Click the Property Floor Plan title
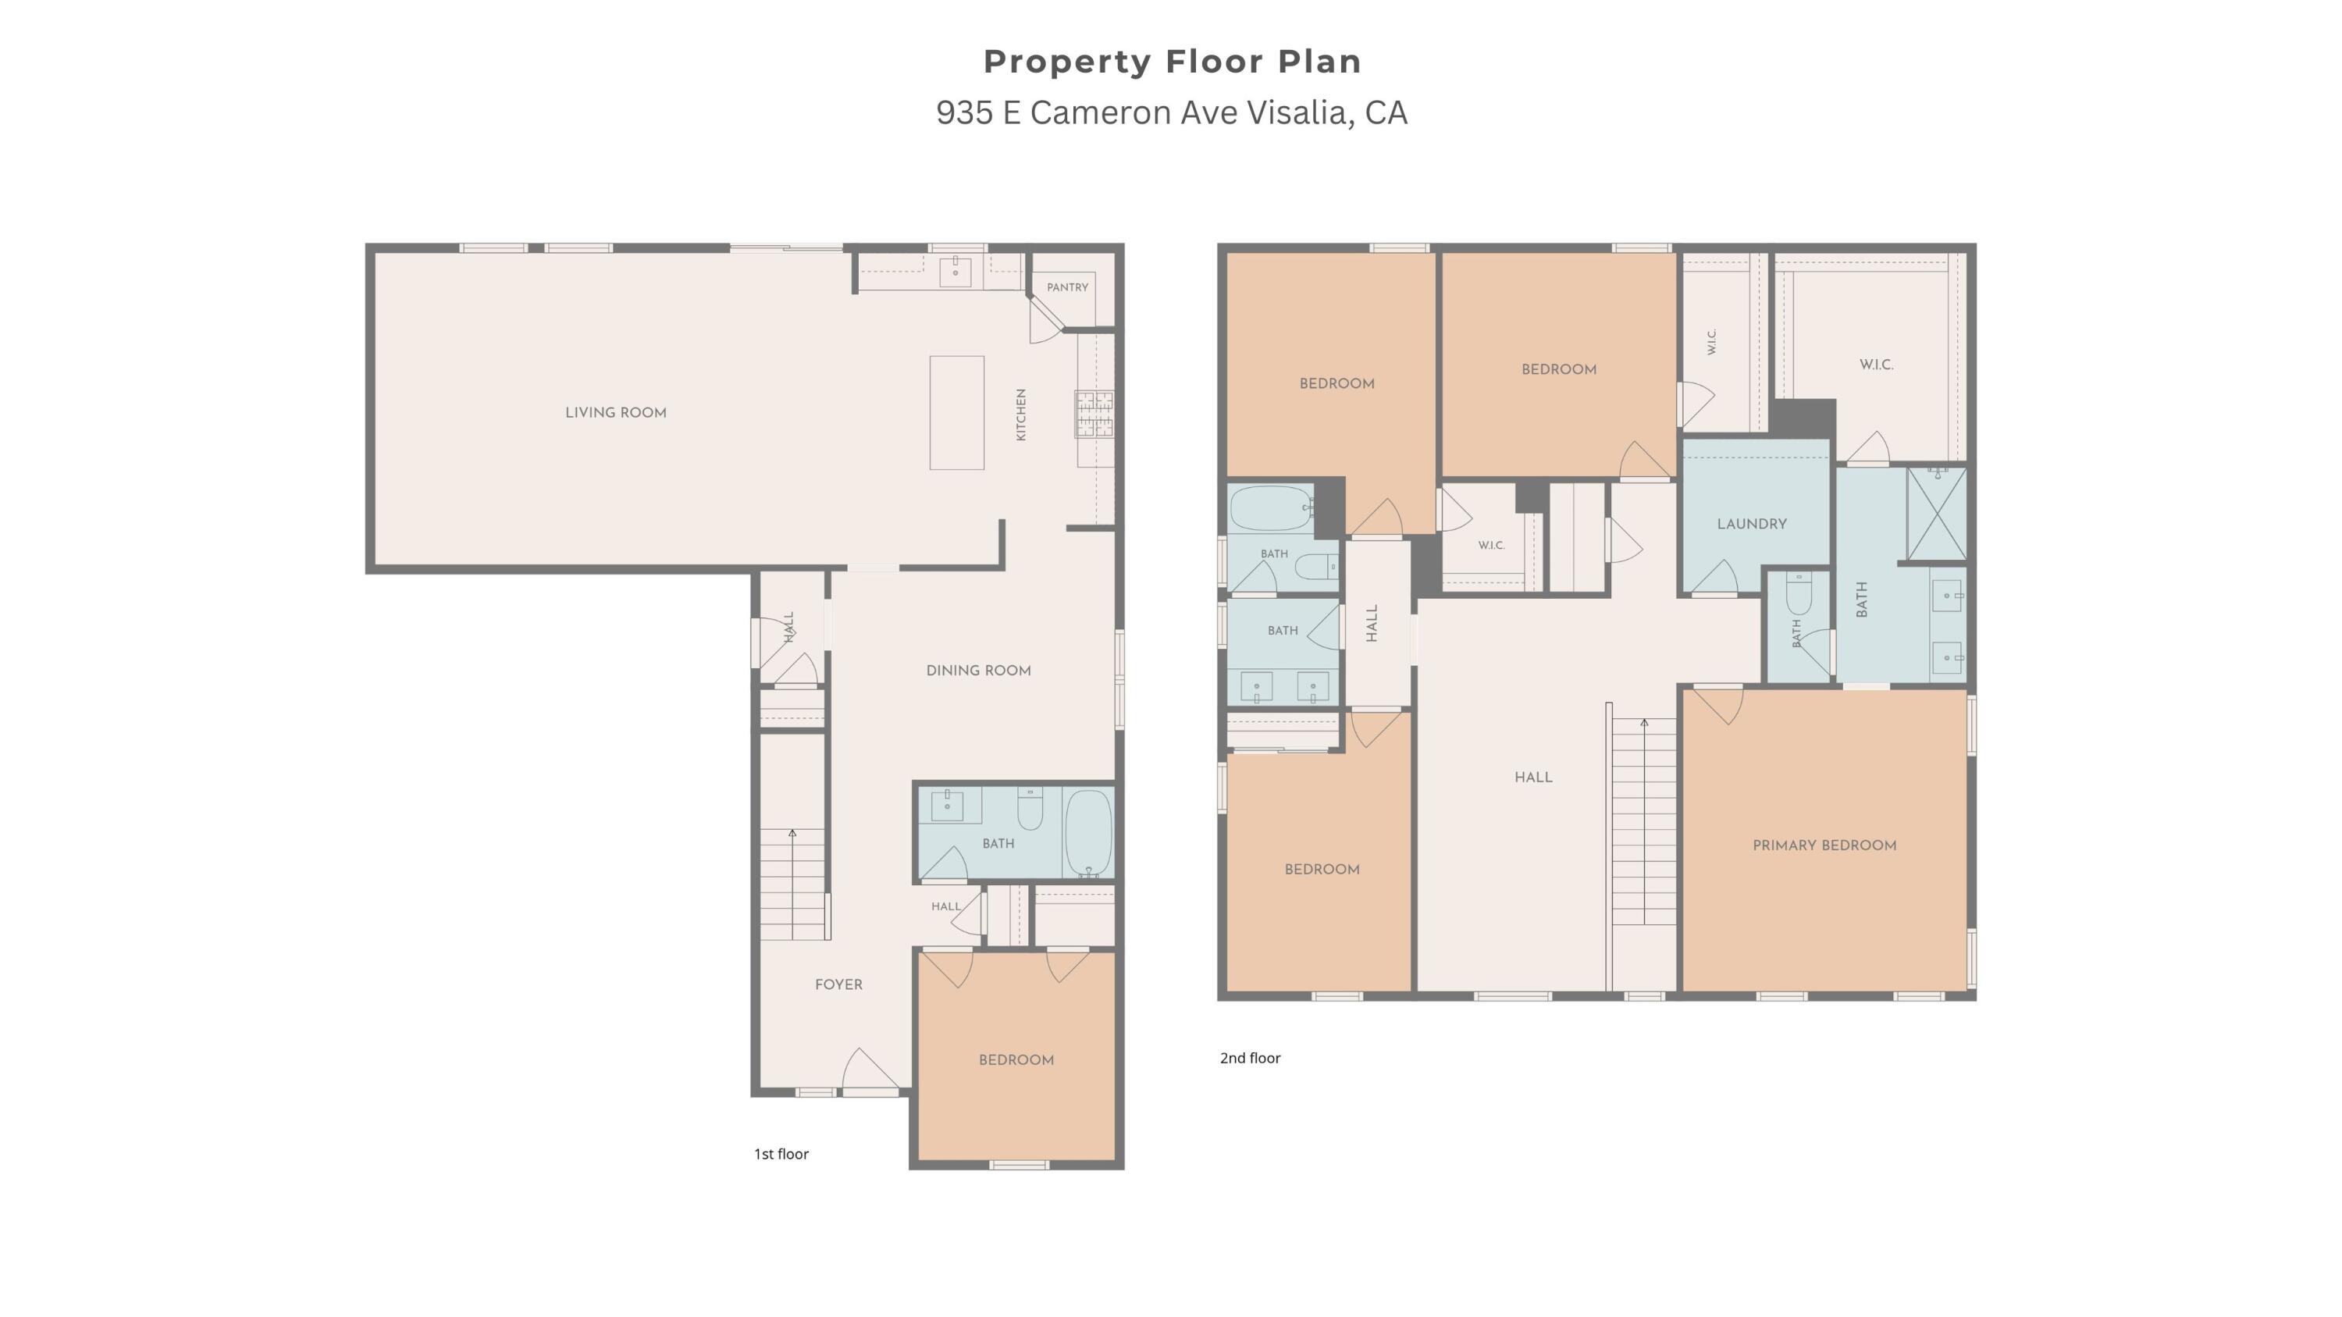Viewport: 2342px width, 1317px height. [1172, 62]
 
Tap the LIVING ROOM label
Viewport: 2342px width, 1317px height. [615, 413]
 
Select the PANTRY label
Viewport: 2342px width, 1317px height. [1067, 287]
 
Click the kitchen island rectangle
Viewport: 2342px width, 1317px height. [956, 413]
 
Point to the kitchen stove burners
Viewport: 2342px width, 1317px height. [1094, 414]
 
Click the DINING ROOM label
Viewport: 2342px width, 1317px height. [978, 671]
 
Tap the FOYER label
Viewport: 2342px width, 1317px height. [838, 984]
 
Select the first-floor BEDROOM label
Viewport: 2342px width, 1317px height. [1016, 1060]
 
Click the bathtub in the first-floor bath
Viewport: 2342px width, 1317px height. [1088, 832]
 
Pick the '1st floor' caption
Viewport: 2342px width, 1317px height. [781, 1155]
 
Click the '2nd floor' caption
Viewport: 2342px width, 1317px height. [1250, 1058]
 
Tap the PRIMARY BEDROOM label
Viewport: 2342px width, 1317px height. [1824, 845]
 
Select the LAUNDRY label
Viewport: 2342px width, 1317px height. [1752, 524]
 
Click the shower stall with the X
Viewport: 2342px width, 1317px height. [1937, 514]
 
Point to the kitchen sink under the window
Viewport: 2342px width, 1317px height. [955, 271]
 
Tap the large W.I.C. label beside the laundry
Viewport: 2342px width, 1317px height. [1877, 365]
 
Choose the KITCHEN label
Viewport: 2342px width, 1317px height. [1021, 415]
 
